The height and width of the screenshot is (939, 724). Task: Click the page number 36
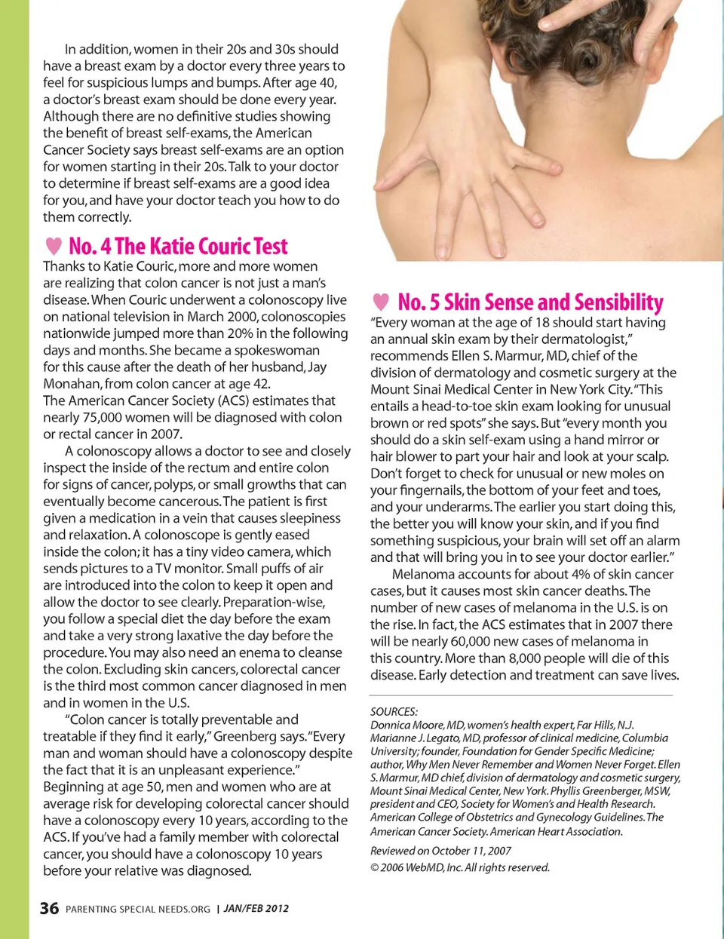pyautogui.click(x=49, y=908)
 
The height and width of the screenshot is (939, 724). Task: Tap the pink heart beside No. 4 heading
pyautogui.click(x=54, y=246)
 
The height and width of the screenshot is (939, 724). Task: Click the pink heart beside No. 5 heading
pyautogui.click(x=381, y=302)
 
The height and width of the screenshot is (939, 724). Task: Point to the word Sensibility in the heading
pyautogui.click(x=618, y=302)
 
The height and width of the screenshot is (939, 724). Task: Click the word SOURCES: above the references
pyautogui.click(x=394, y=711)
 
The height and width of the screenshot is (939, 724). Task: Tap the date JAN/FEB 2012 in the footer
pyautogui.click(x=256, y=908)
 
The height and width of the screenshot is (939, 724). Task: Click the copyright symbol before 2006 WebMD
pyautogui.click(x=374, y=867)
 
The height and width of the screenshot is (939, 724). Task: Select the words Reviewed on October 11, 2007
pyautogui.click(x=440, y=851)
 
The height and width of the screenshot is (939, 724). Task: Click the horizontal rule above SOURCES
pyautogui.click(x=520, y=695)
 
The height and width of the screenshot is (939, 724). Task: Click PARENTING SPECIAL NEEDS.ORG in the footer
pyautogui.click(x=138, y=909)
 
